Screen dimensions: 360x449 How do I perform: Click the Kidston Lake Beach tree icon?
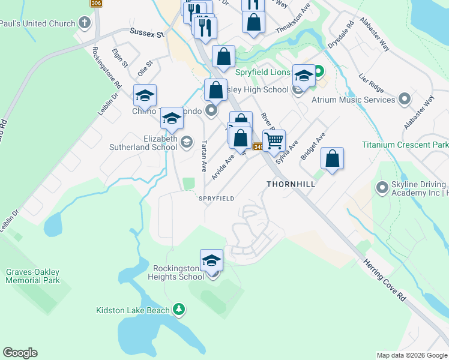tap(178, 310)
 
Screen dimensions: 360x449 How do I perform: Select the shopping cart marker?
tap(274, 141)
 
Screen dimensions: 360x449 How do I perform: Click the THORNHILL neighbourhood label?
tap(291, 184)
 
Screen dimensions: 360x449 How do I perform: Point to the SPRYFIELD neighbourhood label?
tap(217, 198)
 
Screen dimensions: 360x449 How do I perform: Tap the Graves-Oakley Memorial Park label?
tap(33, 276)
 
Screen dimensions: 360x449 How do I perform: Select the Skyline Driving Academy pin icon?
tap(382, 188)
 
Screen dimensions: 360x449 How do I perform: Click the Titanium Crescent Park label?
tap(405, 145)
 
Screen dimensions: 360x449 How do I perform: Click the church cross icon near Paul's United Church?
tap(85, 25)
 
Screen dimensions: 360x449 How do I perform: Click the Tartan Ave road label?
tap(204, 155)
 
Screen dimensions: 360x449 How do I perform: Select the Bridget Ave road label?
tap(312, 146)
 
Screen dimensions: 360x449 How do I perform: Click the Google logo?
tap(20, 353)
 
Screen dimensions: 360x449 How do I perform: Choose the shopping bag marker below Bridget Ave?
tap(332, 158)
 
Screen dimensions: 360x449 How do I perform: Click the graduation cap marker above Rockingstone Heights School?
tap(211, 260)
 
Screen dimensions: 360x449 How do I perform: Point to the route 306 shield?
tap(96, 3)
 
